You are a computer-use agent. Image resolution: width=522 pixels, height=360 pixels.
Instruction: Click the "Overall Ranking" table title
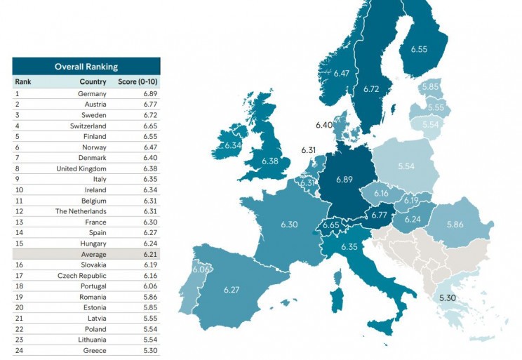[x=86, y=67]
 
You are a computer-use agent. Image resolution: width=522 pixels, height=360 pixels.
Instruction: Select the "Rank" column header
[x=23, y=81]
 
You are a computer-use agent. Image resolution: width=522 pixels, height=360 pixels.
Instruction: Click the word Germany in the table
[x=92, y=93]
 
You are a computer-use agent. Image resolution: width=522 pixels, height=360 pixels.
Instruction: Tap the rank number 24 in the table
[x=20, y=351]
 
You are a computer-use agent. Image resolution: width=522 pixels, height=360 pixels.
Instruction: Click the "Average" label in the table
[x=93, y=254]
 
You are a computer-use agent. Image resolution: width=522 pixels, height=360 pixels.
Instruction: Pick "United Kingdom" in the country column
[x=81, y=168]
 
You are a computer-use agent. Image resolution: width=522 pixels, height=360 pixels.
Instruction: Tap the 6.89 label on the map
[x=344, y=180]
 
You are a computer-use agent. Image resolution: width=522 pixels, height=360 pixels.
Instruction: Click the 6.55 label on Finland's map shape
[x=419, y=49]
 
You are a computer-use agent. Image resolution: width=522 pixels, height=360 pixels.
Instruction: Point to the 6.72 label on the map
[x=371, y=89]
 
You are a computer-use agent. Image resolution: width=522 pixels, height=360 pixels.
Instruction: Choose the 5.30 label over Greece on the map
[x=448, y=298]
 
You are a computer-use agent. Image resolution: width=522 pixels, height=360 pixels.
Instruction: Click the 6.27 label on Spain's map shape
[x=232, y=290]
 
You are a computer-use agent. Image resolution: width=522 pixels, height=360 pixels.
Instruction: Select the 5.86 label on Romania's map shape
[x=456, y=225]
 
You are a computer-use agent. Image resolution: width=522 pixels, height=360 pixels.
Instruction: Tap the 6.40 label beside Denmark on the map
[x=323, y=125]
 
